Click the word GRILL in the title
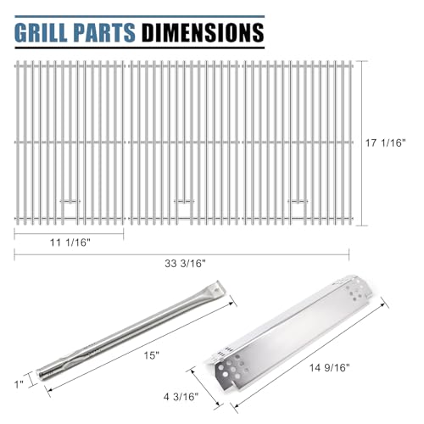click(x=42, y=32)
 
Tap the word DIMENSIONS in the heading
click(x=203, y=32)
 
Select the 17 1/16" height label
click(x=385, y=142)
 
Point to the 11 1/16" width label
click(x=70, y=243)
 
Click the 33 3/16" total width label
click(x=185, y=264)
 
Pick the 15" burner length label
click(x=152, y=355)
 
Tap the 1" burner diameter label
click(x=19, y=384)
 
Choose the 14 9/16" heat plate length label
click(x=329, y=368)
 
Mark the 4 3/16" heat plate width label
click(x=181, y=397)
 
